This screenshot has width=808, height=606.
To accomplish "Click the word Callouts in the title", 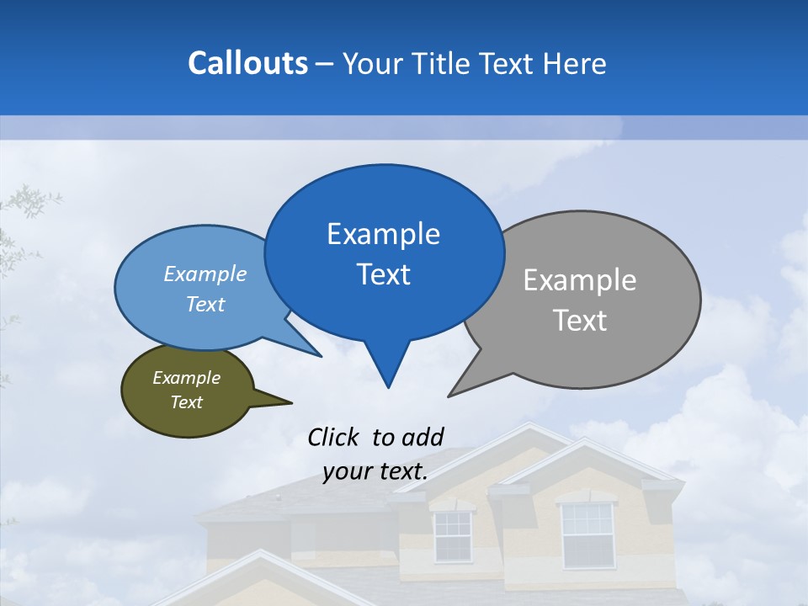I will pyautogui.click(x=247, y=63).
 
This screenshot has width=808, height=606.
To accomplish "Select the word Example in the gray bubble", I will pyautogui.click(x=580, y=280).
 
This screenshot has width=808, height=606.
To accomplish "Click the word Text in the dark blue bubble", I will pyautogui.click(x=384, y=274).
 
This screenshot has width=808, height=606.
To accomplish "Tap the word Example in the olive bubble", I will pyautogui.click(x=186, y=378).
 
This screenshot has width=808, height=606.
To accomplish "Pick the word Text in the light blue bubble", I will pyautogui.click(x=205, y=304).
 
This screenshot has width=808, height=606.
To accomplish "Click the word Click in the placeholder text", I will pyautogui.click(x=332, y=437).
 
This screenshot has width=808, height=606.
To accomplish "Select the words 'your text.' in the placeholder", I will pyautogui.click(x=375, y=471).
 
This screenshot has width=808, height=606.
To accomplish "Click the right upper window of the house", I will pyautogui.click(x=587, y=534).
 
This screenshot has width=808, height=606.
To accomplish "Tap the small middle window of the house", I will pyautogui.click(x=453, y=535).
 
